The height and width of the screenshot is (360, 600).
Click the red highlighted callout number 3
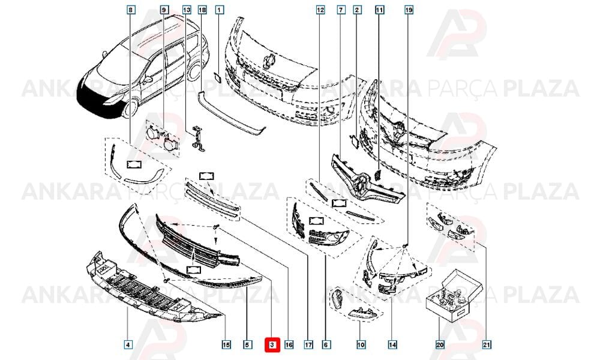pyautogui.click(x=272, y=344)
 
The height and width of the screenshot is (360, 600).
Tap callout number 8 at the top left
pyautogui.click(x=131, y=10)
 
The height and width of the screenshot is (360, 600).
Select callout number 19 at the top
pyautogui.click(x=409, y=10)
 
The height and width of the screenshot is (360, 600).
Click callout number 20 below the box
pyautogui.click(x=440, y=344)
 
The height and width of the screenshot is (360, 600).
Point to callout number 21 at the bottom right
pyautogui.click(x=487, y=344)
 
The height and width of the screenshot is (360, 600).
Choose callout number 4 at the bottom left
pyautogui.click(x=128, y=344)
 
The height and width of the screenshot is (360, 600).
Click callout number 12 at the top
pyautogui.click(x=320, y=10)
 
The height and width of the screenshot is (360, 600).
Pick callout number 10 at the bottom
pyautogui.click(x=361, y=344)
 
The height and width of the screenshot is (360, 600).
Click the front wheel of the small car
pyautogui.click(x=130, y=108)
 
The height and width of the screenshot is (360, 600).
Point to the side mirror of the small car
pyautogui.click(x=148, y=79)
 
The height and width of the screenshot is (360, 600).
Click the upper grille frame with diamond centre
pyautogui.click(x=367, y=180)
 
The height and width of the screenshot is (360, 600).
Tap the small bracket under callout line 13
pyautogui.click(x=197, y=138)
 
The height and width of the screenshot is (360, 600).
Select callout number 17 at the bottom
pyautogui.click(x=308, y=344)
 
